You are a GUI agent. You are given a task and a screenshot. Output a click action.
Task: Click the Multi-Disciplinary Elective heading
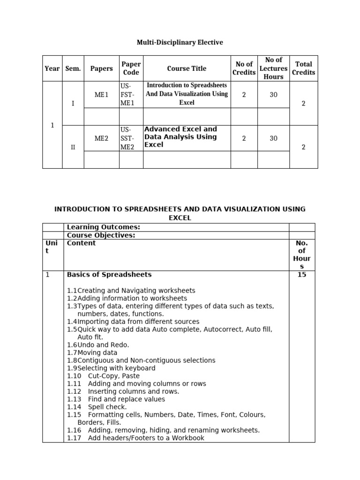[x=180, y=43]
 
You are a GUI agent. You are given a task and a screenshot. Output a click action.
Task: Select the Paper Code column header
[x=131, y=68]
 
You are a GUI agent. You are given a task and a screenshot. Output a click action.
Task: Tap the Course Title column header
[x=187, y=68]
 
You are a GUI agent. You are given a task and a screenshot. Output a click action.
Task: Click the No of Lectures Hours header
[x=273, y=68]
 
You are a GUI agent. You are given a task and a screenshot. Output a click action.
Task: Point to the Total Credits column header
[x=303, y=68]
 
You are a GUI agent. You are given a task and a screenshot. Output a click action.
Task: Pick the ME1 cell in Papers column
[x=101, y=95]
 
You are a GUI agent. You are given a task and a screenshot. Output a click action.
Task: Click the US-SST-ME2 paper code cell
[x=127, y=138]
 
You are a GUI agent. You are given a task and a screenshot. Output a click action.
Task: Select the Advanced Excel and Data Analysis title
[x=181, y=137]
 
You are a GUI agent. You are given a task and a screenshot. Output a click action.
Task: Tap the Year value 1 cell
[x=52, y=125]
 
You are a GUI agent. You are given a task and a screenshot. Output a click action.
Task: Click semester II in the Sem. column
[x=73, y=147]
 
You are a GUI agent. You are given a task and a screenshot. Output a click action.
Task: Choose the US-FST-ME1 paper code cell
[x=127, y=94]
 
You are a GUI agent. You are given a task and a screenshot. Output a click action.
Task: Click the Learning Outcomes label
[x=104, y=227]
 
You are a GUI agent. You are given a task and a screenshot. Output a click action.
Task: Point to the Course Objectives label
[x=101, y=235]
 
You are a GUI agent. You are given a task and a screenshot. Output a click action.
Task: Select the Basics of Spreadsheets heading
[x=109, y=275]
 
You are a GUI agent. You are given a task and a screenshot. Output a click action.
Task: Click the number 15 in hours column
[x=301, y=275]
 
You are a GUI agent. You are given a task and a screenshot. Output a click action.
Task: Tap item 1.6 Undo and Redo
[x=98, y=345]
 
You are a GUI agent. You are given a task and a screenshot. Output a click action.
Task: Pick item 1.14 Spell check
[x=97, y=407]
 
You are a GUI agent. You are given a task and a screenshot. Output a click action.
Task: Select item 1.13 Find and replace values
[x=116, y=399]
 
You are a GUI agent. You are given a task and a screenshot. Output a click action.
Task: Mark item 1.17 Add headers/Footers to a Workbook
[x=136, y=438]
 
